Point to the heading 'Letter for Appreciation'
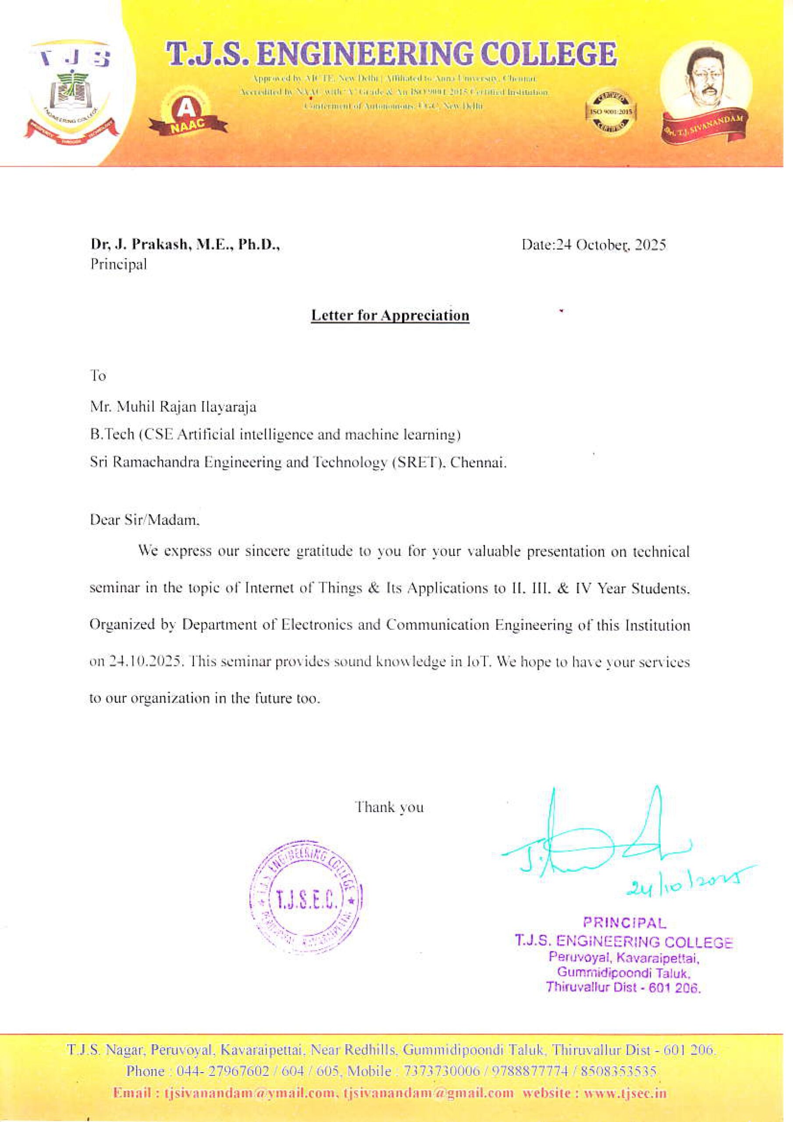coord(390,315)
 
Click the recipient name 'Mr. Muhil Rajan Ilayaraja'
coord(173,407)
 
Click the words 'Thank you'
coord(389,807)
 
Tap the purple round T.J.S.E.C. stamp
coord(306,901)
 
